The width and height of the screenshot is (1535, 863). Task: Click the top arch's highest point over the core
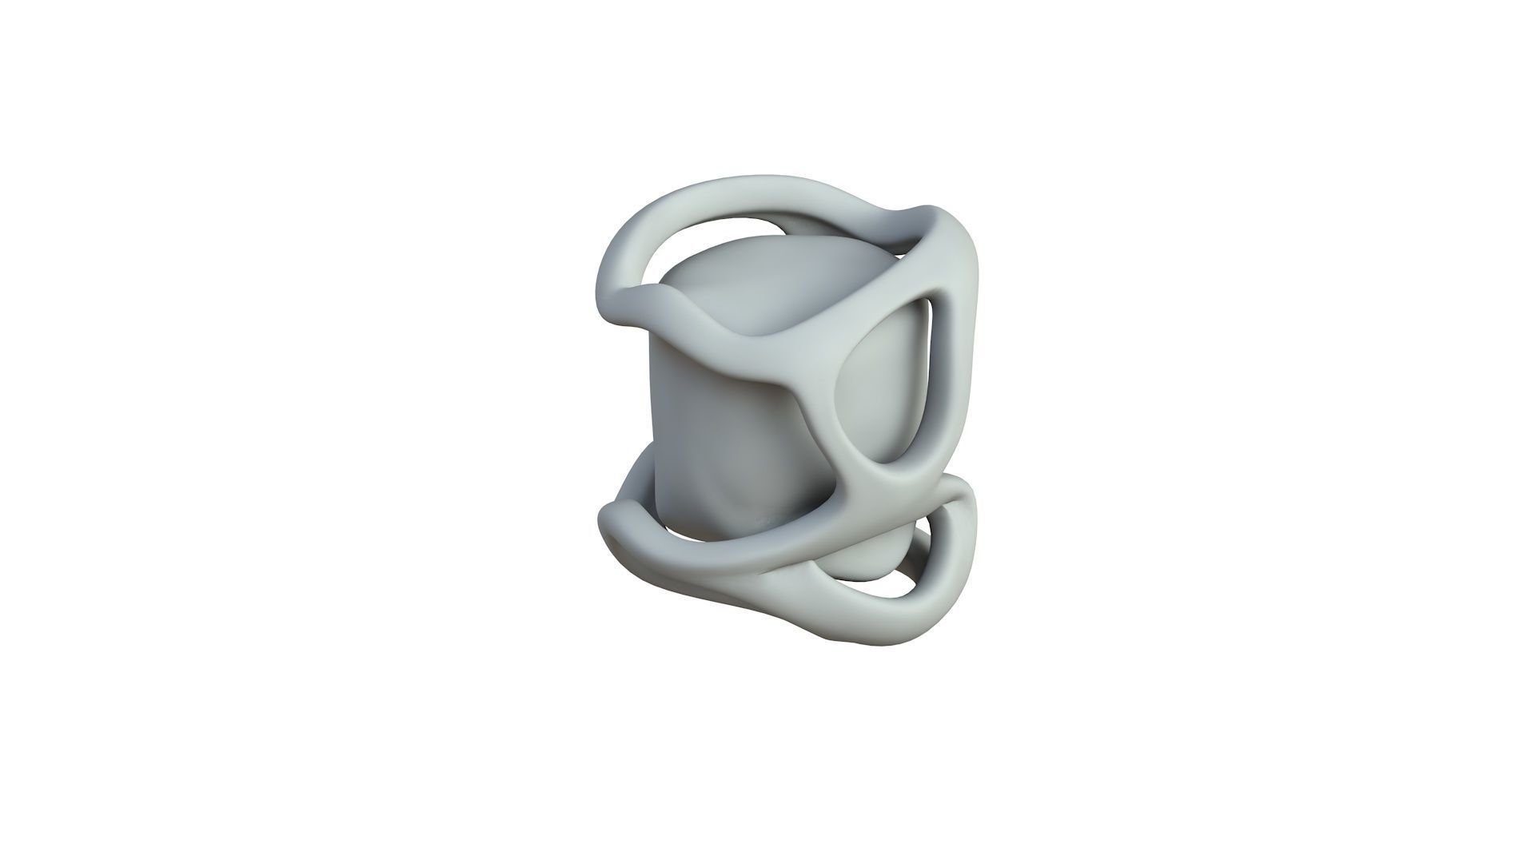(744, 185)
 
